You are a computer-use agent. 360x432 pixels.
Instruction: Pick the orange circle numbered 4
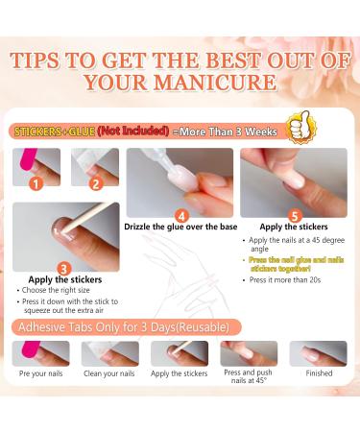180,215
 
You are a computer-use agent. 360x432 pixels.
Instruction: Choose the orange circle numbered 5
294,216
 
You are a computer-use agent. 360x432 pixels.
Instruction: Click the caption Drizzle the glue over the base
179,228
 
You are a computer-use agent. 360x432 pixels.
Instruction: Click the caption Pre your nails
39,372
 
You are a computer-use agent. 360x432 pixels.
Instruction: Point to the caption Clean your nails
109,372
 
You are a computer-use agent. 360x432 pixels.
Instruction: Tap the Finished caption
319,372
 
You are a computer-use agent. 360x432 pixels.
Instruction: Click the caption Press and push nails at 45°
249,377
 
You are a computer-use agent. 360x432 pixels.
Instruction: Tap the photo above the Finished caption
319,353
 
